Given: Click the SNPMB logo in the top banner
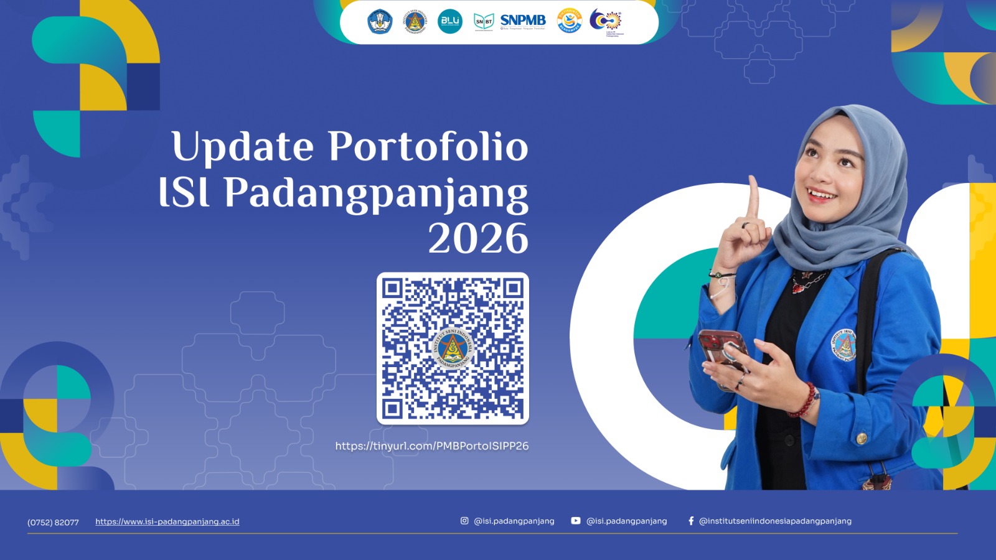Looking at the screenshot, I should (523, 21).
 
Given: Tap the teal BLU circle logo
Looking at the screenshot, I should (449, 21).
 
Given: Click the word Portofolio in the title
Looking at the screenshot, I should (428, 147).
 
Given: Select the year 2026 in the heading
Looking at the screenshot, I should (478, 238).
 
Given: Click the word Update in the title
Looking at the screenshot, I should (242, 147).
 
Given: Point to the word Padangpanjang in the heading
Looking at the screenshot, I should (376, 194).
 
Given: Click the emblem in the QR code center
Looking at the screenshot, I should (453, 348).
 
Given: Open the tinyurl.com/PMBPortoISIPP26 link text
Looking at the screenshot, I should (431, 446).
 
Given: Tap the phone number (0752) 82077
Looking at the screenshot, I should (53, 522).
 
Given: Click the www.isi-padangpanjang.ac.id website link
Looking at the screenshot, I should (167, 521).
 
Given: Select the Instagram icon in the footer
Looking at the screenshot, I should (464, 521).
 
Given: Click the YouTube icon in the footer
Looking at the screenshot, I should (576, 521).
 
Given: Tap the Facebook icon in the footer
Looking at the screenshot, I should (691, 521).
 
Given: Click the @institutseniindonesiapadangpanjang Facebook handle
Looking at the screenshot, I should (775, 521).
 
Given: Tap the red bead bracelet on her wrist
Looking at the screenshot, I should (805, 401).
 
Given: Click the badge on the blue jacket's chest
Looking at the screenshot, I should (844, 344).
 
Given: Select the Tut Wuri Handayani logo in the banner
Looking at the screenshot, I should (380, 21).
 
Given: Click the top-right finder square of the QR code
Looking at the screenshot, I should (514, 288).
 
